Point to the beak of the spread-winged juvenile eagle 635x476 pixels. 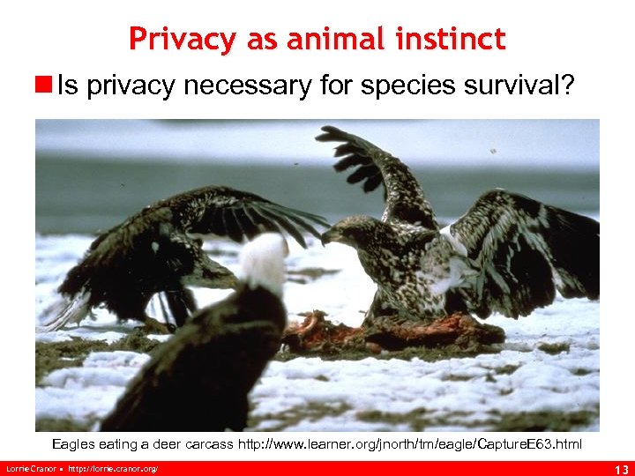[328, 237]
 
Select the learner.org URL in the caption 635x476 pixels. [410, 443]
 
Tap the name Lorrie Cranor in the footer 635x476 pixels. [30, 467]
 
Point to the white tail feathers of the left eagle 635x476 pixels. [66, 313]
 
